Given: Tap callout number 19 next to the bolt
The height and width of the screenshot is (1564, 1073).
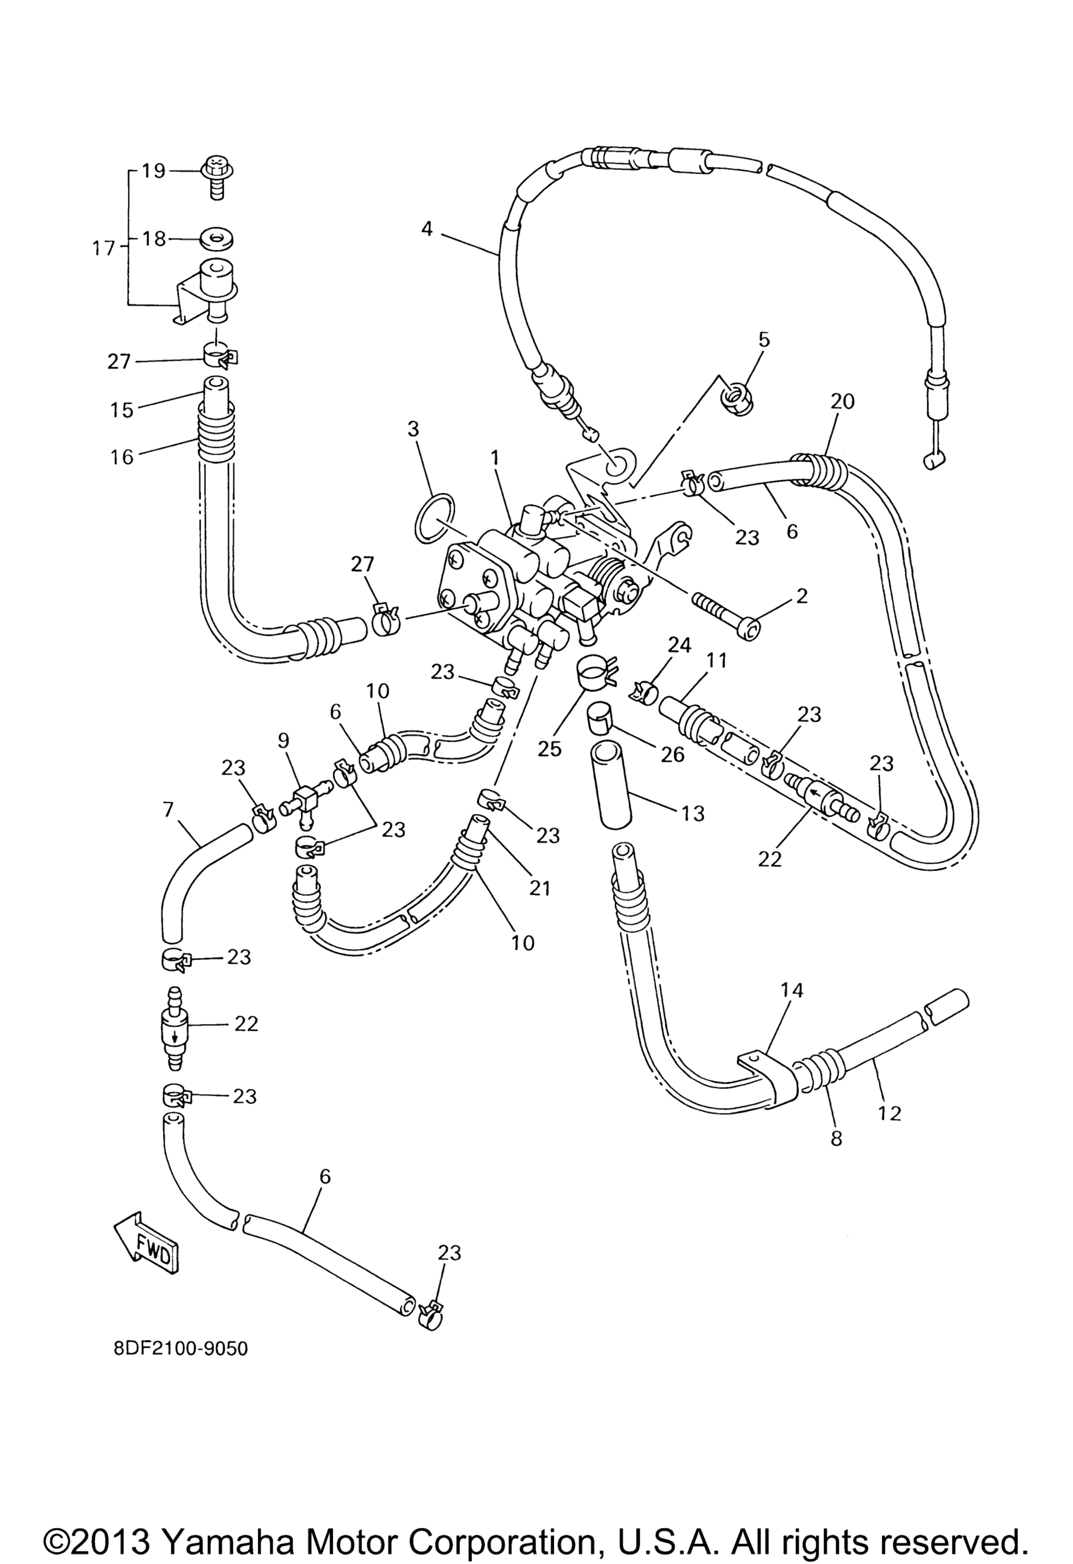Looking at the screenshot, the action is point(154,170).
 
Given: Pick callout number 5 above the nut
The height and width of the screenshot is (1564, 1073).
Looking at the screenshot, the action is point(763,339).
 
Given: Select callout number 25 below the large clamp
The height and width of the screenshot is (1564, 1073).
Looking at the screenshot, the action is point(549,748).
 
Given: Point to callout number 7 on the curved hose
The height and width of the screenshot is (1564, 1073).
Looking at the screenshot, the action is point(168,810).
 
